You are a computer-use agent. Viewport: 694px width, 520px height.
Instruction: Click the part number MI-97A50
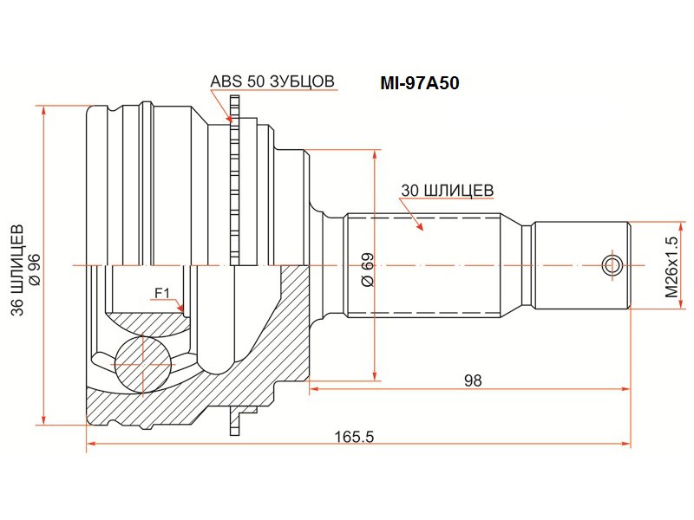coord(421,84)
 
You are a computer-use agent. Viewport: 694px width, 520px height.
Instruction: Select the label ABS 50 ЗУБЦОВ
coord(272,81)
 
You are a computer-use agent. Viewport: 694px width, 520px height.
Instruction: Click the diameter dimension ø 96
coord(35,270)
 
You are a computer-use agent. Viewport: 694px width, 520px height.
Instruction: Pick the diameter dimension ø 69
coord(366,270)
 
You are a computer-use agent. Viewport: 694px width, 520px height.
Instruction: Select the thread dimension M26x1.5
coord(671,266)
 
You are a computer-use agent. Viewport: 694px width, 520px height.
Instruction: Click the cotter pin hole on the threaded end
coord(612,264)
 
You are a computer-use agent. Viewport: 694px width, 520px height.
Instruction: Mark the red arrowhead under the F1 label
coord(180,308)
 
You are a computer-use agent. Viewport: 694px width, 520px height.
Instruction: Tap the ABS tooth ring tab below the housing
coord(234,421)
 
